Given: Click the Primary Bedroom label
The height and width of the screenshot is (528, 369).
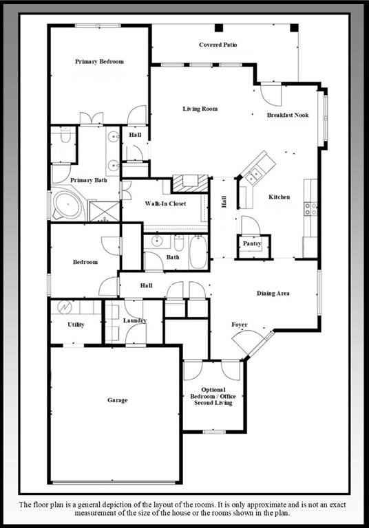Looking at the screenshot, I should click(x=99, y=62).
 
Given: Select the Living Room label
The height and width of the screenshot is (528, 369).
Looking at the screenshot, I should click(x=200, y=109).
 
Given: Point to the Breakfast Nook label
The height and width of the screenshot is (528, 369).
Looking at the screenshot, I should click(x=288, y=115).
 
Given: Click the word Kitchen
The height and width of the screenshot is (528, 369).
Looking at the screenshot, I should click(x=279, y=197).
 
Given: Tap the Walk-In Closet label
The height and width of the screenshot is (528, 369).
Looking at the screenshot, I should click(x=165, y=204).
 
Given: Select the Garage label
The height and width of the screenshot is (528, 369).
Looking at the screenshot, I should click(x=117, y=400).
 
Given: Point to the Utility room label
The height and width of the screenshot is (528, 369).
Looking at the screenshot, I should click(x=76, y=324).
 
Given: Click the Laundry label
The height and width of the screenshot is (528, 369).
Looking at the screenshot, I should click(x=135, y=320).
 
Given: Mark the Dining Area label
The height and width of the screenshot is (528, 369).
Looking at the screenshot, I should click(x=273, y=294).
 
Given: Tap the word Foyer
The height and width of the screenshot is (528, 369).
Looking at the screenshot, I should click(x=239, y=324).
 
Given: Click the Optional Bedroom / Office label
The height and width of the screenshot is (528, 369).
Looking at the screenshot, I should click(x=213, y=397).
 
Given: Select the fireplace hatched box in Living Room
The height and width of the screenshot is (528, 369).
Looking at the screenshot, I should click(x=189, y=183).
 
